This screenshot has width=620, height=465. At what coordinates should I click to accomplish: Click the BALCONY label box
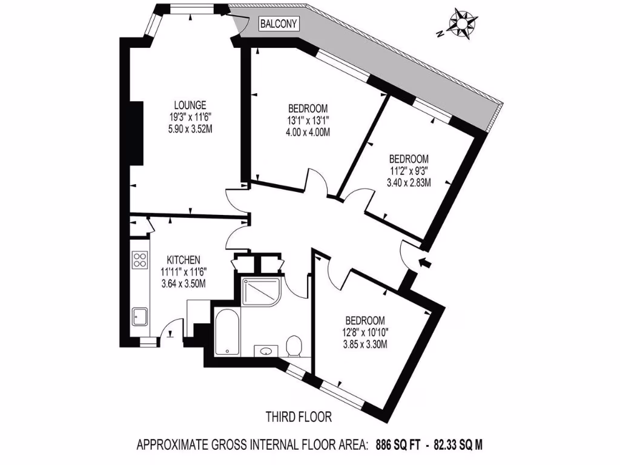click(x=279, y=24)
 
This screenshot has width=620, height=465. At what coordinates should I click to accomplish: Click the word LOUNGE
click(x=190, y=104)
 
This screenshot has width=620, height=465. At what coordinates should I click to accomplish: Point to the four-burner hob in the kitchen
click(x=140, y=260)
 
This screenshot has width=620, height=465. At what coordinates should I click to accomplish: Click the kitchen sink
click(x=140, y=316)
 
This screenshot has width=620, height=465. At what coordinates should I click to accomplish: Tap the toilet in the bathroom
click(x=294, y=346)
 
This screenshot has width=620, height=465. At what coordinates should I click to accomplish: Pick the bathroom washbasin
click(x=266, y=350)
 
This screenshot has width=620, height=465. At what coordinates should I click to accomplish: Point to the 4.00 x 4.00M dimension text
click(x=308, y=132)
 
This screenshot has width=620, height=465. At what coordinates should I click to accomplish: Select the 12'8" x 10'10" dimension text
click(x=364, y=332)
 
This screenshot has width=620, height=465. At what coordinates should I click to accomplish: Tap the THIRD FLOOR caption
click(x=299, y=417)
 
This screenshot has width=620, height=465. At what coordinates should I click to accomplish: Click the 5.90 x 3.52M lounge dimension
click(x=190, y=128)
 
